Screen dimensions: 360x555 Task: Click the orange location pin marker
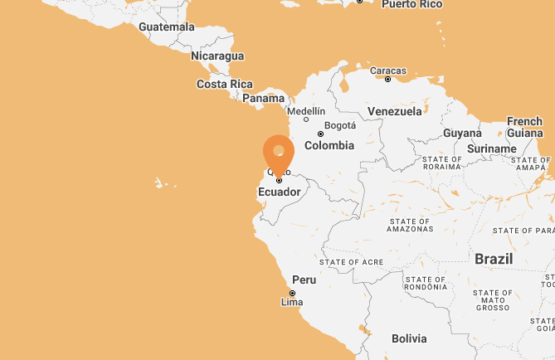point(279,153)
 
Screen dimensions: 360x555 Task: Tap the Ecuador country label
point(279,192)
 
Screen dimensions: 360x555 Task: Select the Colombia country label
point(329,145)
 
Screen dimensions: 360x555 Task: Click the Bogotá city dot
point(320,134)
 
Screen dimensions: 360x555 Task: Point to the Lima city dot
point(292,293)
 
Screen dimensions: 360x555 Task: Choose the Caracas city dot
point(387,79)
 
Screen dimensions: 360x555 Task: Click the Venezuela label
point(395,111)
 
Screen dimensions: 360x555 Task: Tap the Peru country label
point(304,280)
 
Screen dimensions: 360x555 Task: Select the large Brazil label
point(494,259)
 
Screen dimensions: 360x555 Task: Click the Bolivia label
point(409,338)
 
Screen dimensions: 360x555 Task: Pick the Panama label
point(264,98)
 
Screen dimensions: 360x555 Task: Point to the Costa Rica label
point(224,84)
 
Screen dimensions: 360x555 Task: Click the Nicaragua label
point(217,56)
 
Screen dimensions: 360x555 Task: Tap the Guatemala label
point(167,27)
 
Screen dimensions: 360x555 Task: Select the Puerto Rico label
point(412,4)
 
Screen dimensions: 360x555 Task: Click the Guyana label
point(462,133)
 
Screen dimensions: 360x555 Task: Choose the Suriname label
point(492,148)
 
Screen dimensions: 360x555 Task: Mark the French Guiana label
point(524,127)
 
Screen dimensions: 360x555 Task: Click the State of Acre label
point(351,262)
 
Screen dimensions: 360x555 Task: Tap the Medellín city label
point(305,110)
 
